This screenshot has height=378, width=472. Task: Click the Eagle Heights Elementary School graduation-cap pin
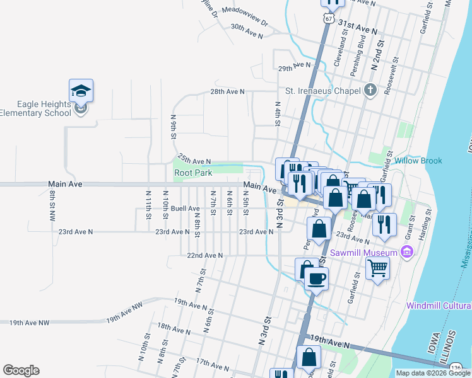81,91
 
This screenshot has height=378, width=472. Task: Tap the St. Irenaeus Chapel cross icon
370,90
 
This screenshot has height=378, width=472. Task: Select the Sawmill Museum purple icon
408,253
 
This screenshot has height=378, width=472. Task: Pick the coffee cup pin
316,278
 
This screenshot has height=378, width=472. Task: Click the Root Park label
194,172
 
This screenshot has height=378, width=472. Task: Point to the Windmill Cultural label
439,306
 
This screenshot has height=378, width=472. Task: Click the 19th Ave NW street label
29,323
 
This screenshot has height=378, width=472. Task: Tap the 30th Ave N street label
246,31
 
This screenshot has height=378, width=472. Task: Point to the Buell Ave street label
185,208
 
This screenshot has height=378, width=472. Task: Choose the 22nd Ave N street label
205,255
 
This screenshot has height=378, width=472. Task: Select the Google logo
21,370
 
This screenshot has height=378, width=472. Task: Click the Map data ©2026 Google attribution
433,373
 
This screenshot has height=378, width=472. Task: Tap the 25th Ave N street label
194,159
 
